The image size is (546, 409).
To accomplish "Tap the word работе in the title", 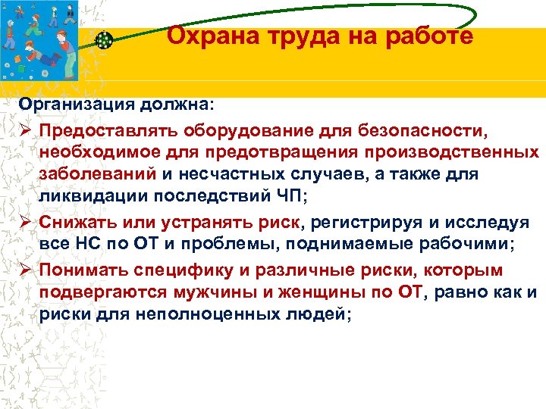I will [x=431, y=36].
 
